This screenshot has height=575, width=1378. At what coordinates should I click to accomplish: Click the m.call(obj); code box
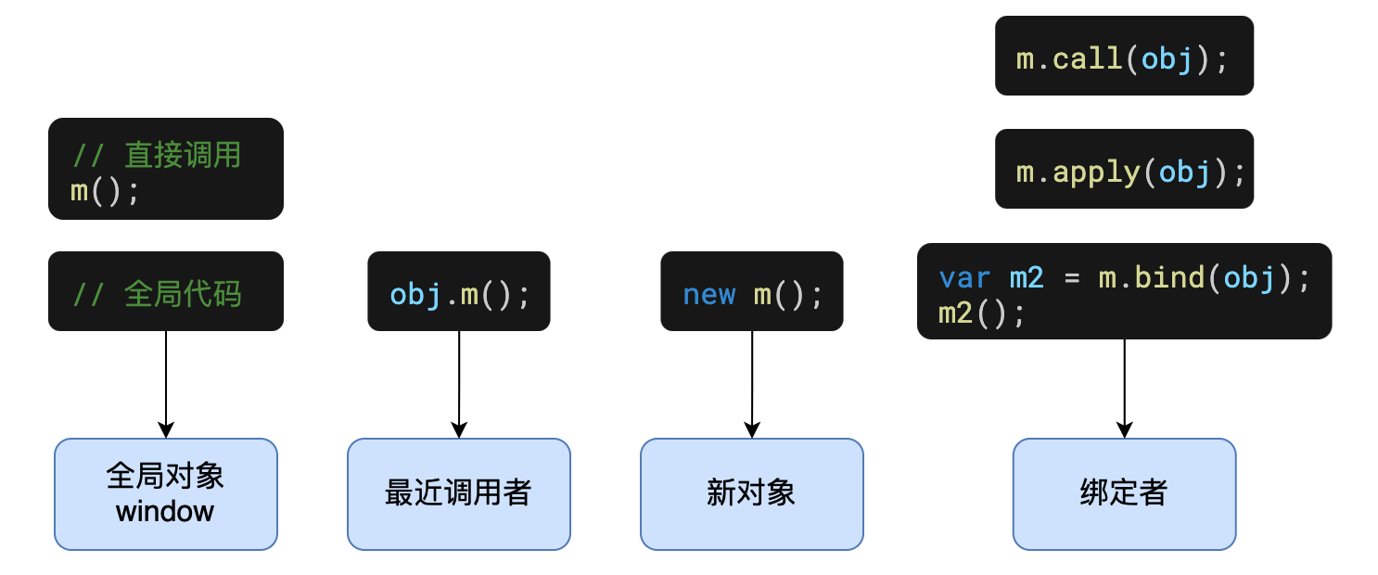pos(1124,56)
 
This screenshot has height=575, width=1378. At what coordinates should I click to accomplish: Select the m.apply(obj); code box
pos(1124,168)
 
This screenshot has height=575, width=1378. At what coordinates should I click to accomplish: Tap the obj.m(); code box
pos(459,291)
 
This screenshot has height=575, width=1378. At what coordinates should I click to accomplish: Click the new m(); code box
pos(752,291)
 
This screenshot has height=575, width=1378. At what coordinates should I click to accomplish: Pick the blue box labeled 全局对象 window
pos(166,493)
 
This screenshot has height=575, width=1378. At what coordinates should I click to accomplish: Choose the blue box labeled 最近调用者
pos(459,493)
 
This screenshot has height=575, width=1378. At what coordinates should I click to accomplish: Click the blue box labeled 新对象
pos(752,493)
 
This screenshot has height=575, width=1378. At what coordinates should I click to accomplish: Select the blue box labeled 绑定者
pos(1124,493)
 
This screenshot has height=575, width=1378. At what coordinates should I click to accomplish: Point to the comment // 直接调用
pos(157,155)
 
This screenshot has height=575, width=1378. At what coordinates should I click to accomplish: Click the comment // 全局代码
pos(157,294)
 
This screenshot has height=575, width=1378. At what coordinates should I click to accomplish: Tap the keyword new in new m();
pos(708,295)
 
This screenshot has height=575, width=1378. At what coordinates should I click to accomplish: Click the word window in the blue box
pos(165,511)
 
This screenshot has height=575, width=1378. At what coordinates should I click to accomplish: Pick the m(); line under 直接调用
pos(105,193)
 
